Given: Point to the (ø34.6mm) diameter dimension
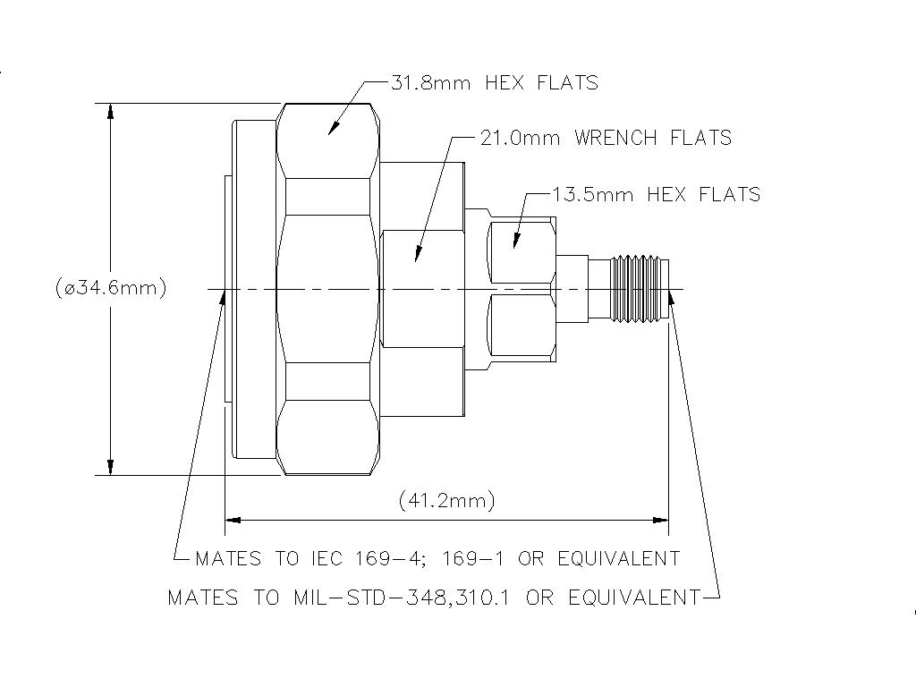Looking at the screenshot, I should click(110, 288).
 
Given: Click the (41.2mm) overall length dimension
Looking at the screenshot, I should click(446, 500).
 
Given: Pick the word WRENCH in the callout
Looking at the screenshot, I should click(614, 138).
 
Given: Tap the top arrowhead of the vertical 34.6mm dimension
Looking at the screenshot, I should click(110, 111).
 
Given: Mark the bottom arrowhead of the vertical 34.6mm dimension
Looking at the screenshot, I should click(110, 467).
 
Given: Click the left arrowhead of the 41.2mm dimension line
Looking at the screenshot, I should click(233, 519).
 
